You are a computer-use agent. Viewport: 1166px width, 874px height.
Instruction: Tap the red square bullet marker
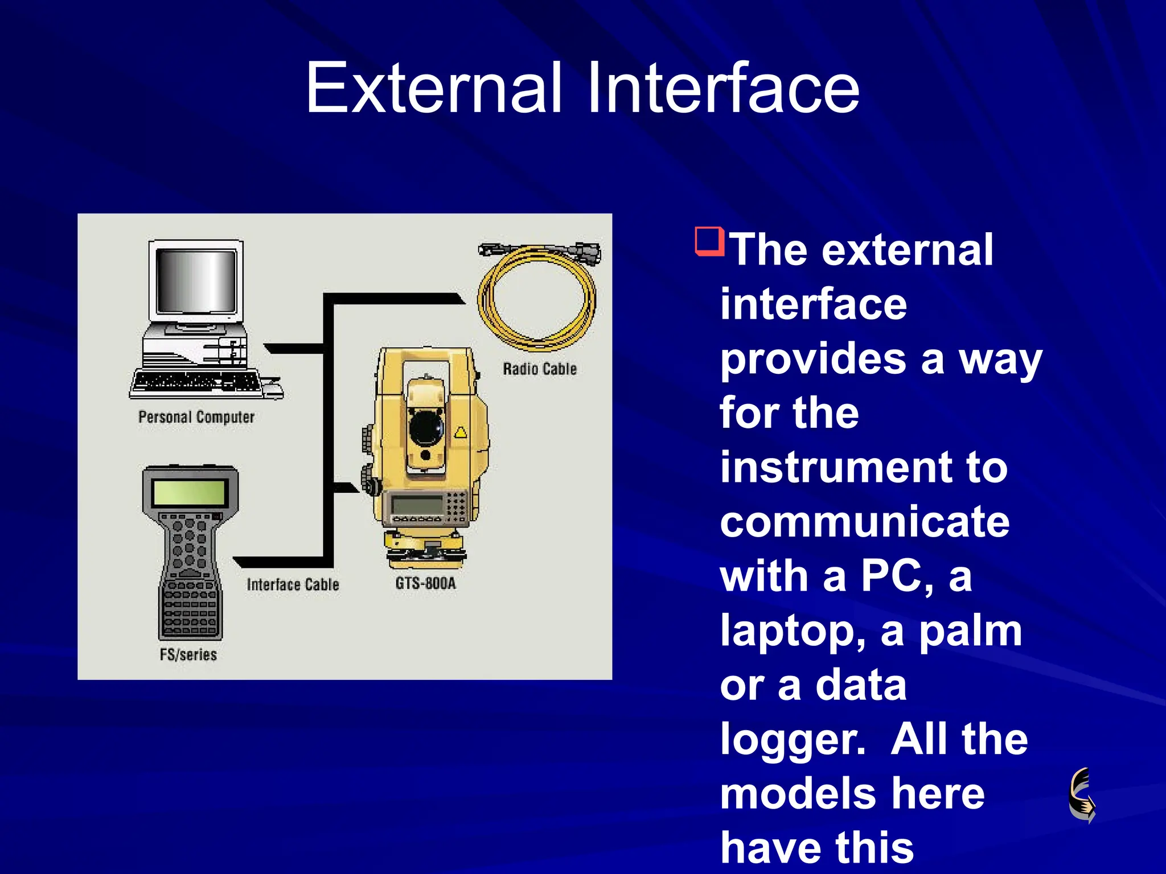pyautogui.click(x=709, y=241)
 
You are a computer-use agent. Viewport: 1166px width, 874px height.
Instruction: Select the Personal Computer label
pyautogui.click(x=196, y=417)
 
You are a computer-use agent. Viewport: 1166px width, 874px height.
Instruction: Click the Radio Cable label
pyautogui.click(x=540, y=369)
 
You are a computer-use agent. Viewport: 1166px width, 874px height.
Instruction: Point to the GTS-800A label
pyautogui.click(x=425, y=583)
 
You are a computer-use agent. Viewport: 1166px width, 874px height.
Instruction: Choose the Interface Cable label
pyautogui.click(x=293, y=584)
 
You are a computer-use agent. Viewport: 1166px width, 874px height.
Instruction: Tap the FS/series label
pyautogui.click(x=188, y=654)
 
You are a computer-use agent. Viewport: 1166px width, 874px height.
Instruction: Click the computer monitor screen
pyautogui.click(x=196, y=281)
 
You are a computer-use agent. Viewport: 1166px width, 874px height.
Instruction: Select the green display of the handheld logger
pyautogui.click(x=190, y=491)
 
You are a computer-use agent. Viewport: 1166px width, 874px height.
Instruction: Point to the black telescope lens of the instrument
pyautogui.click(x=426, y=426)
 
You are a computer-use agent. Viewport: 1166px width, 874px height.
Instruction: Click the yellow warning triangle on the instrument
pyautogui.click(x=460, y=433)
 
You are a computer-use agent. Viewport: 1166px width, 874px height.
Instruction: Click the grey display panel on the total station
pyautogui.click(x=417, y=504)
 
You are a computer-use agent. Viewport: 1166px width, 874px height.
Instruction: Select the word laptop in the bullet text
pyautogui.click(x=792, y=632)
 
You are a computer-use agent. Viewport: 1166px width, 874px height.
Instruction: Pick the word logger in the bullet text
pyautogui.click(x=792, y=740)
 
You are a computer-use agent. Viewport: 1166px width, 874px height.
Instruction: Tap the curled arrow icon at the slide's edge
pyautogui.click(x=1082, y=795)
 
